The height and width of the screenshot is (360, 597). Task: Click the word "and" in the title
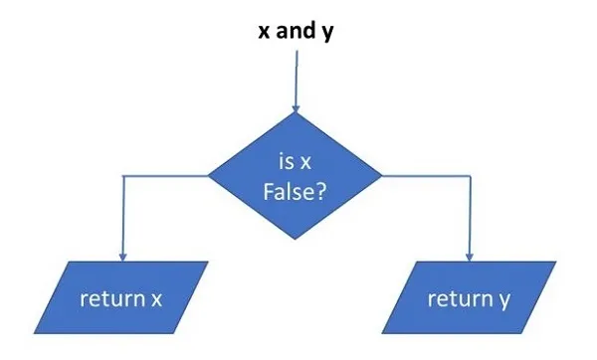tap(294, 30)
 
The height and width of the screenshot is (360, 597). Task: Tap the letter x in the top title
tap(265, 30)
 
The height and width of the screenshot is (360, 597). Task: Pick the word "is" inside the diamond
tap(285, 160)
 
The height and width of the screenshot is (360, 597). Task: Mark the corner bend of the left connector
tap(121, 176)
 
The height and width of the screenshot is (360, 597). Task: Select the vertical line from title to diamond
tap(295, 75)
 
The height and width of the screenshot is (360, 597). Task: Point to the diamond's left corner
tap(208, 176)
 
